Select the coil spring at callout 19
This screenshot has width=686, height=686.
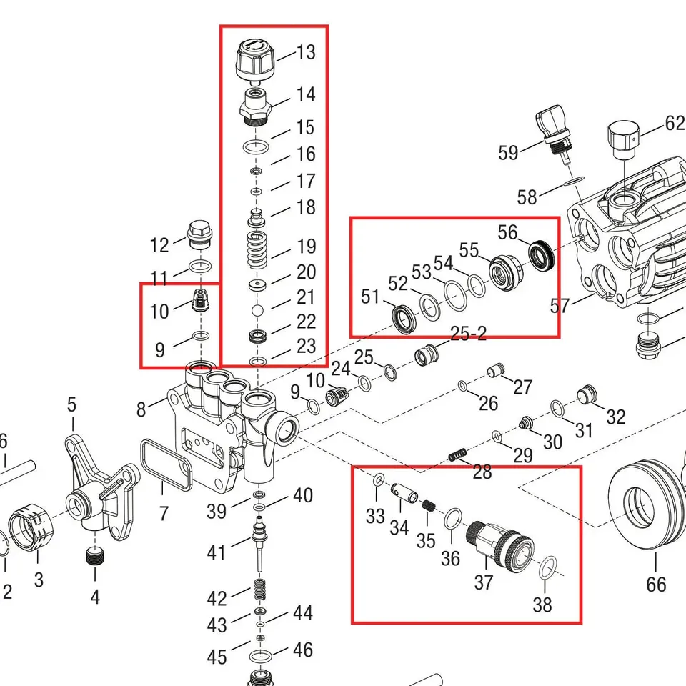click(257, 250)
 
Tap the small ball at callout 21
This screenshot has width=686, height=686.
click(258, 310)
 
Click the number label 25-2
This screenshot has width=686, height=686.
click(468, 334)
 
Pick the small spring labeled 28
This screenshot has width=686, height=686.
click(457, 455)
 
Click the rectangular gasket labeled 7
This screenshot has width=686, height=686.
click(166, 465)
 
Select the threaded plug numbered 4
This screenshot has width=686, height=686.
click(95, 557)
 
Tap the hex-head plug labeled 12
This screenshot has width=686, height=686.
click(200, 235)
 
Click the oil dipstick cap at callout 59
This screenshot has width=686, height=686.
click(553, 134)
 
